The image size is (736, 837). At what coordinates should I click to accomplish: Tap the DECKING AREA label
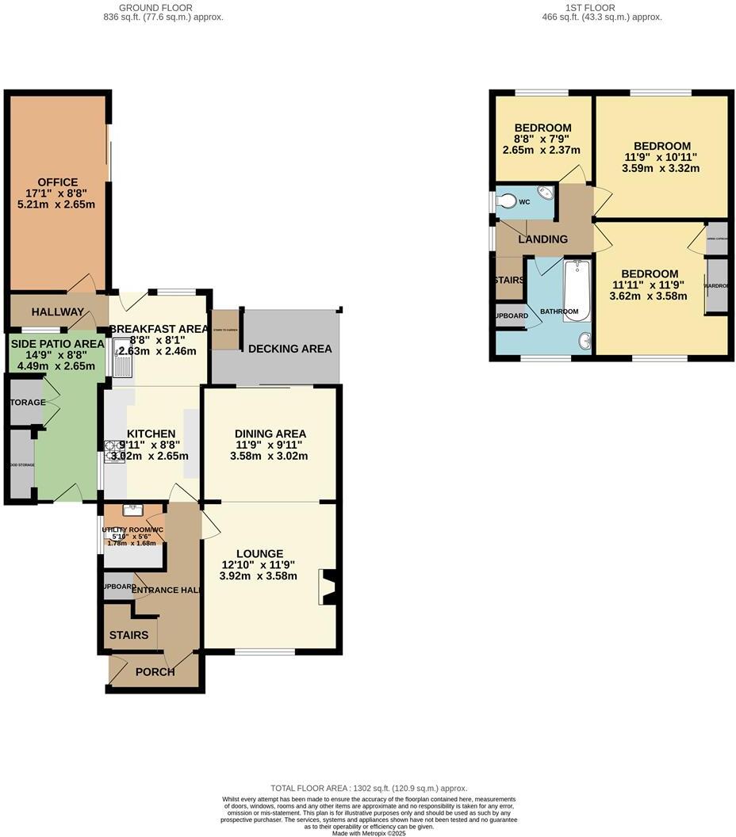pos(290,349)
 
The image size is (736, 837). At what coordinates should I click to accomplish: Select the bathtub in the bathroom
pos(577,290)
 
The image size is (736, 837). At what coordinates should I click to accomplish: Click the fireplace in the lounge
pos(327,587)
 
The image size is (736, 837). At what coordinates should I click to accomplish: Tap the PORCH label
pos(155,672)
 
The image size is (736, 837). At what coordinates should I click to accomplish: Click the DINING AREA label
pos(270,434)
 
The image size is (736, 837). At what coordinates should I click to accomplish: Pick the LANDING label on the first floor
pos(543,239)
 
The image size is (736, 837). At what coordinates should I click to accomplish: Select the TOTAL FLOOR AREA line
pos(369,789)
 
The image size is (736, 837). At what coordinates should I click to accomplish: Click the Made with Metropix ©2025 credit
pos(369,833)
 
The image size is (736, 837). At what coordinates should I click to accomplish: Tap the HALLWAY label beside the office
pos(58,312)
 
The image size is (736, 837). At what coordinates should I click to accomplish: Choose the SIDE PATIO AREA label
pos(56,343)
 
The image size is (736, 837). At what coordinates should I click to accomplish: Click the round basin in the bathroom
pos(585,341)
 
